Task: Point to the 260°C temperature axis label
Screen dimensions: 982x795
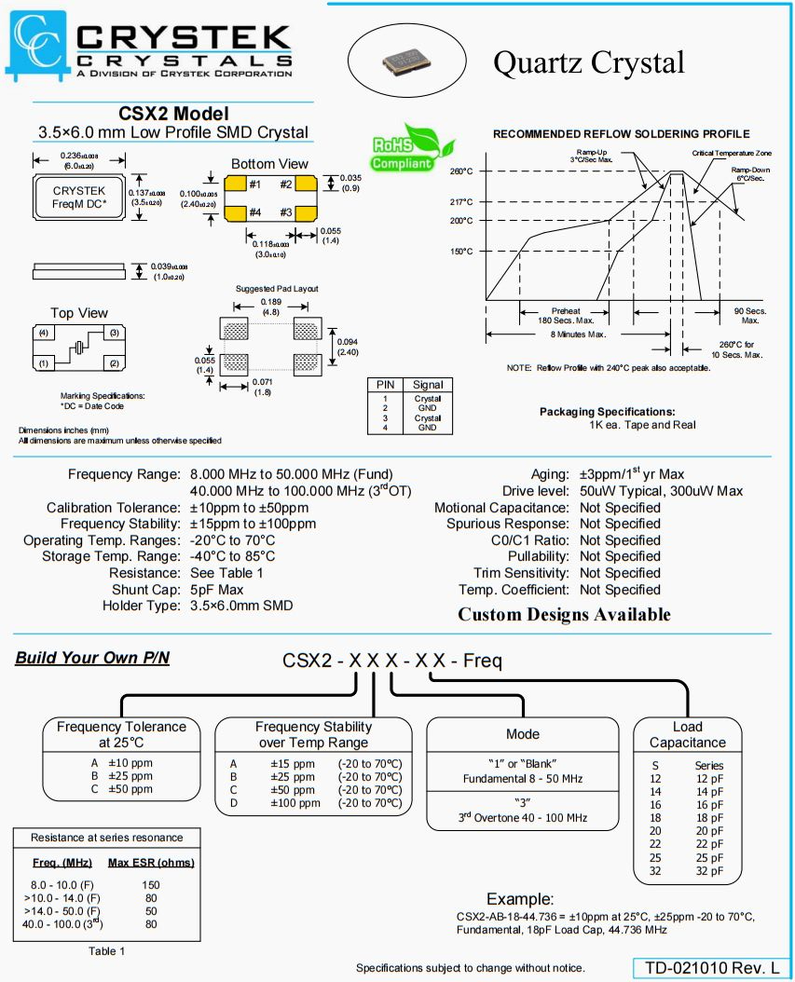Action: click(461, 171)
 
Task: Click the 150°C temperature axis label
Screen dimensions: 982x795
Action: click(461, 252)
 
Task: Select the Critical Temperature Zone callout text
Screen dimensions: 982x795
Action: click(731, 153)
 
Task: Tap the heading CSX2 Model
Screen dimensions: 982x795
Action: click(173, 114)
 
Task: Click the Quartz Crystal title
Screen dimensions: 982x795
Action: click(588, 62)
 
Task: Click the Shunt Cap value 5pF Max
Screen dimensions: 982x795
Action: click(217, 590)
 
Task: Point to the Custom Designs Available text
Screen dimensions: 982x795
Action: click(564, 615)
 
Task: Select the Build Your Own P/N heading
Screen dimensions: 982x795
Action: click(92, 659)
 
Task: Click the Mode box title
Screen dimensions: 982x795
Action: click(523, 734)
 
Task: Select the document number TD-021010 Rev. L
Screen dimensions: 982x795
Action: click(713, 969)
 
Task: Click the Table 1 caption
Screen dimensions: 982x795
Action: click(106, 951)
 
